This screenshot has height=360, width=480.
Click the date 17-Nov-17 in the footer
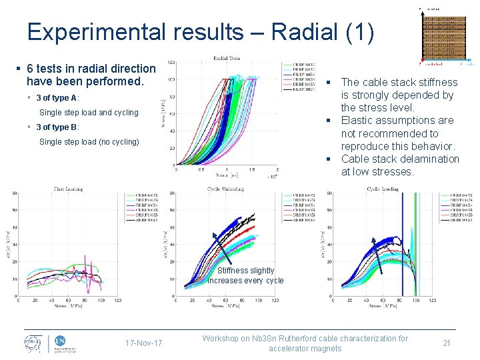tap(143, 343)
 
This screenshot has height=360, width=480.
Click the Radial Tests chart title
tap(227, 58)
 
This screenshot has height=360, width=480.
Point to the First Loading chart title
tap(68, 189)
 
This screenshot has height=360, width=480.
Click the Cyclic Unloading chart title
tap(225, 189)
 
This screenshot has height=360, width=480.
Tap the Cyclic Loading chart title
tap(383, 189)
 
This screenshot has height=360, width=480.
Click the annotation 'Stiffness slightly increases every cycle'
tap(245, 275)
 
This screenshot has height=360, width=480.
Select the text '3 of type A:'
tap(58, 98)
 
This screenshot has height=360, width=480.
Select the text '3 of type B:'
tap(58, 127)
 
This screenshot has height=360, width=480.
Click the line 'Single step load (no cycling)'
tap(89, 141)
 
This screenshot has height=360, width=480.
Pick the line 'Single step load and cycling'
tap(89, 112)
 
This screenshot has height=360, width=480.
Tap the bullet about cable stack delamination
tap(399, 165)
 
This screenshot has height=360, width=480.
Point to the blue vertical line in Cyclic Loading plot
tap(402, 267)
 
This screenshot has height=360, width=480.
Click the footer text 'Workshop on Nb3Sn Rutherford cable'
tap(305, 338)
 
